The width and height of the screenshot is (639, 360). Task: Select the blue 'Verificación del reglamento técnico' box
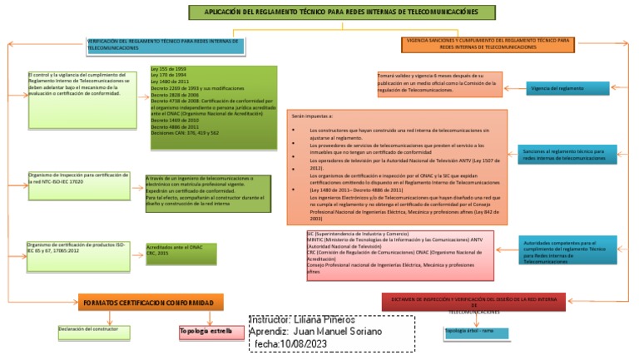(166, 45)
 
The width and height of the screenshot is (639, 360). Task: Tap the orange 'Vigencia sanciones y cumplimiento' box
(487, 44)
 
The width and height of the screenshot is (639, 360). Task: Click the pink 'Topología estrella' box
(207, 333)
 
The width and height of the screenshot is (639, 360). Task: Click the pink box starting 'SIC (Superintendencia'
(400, 254)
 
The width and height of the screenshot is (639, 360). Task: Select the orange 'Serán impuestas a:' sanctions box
(396, 168)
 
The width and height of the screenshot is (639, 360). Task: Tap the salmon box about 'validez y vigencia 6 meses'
(439, 84)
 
